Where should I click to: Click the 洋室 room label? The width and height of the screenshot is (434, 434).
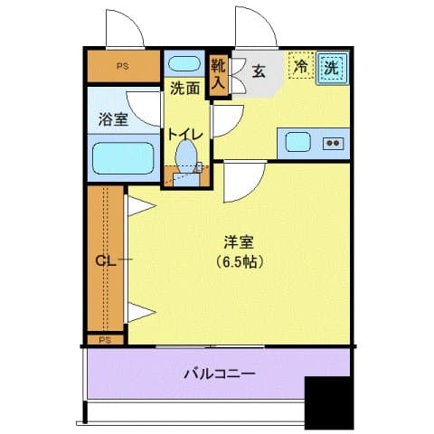240,242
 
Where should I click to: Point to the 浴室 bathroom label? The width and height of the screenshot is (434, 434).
112,118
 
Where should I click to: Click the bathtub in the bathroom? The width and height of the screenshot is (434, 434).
125,159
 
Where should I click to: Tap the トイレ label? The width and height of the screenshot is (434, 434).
185,133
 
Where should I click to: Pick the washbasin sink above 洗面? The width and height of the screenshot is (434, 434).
185,64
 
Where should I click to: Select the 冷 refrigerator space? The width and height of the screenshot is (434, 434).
299,67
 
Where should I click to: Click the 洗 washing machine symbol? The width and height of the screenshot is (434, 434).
332,68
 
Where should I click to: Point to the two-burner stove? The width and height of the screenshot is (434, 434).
332,142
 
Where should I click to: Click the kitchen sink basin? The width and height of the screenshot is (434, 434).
297,142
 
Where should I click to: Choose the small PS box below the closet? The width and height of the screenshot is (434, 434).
106,340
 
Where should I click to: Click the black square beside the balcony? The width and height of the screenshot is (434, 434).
326,401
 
